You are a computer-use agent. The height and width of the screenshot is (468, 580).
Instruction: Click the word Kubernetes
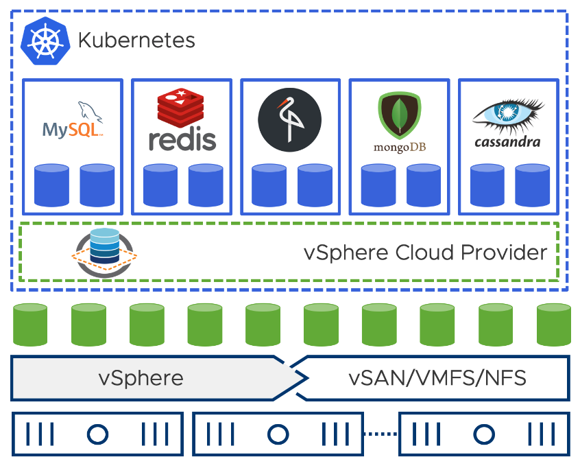(x=136, y=40)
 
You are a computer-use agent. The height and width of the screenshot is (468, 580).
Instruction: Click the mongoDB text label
(x=399, y=147)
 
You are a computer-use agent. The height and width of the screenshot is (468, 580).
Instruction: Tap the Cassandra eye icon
(x=508, y=113)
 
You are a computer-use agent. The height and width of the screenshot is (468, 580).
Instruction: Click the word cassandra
(x=508, y=142)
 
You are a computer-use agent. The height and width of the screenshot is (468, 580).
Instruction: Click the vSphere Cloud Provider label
(x=425, y=253)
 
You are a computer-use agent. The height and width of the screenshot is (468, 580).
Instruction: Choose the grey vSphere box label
(x=141, y=378)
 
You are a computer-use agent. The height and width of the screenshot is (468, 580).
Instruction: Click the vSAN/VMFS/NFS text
(x=437, y=378)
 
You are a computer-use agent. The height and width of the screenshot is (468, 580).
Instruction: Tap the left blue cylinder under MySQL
(x=52, y=185)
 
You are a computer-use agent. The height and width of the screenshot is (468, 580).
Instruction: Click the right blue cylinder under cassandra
(x=532, y=185)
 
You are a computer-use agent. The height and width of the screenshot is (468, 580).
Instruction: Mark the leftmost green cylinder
(x=30, y=324)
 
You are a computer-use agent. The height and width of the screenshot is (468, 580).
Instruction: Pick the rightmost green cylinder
(x=553, y=324)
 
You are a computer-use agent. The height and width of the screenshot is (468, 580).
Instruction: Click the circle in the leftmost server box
(x=97, y=434)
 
